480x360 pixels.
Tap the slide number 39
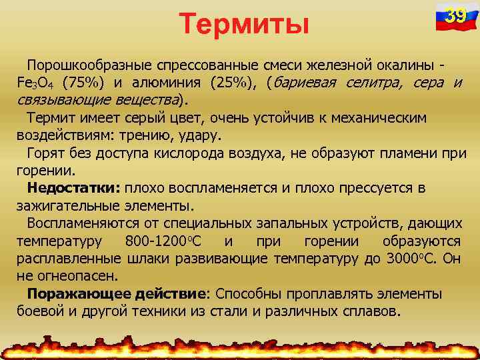[x=455, y=15]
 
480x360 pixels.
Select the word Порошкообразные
[x=91, y=66]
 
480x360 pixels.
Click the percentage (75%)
[x=83, y=83]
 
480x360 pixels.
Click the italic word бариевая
[x=304, y=83]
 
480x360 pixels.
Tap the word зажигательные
[x=64, y=205]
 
